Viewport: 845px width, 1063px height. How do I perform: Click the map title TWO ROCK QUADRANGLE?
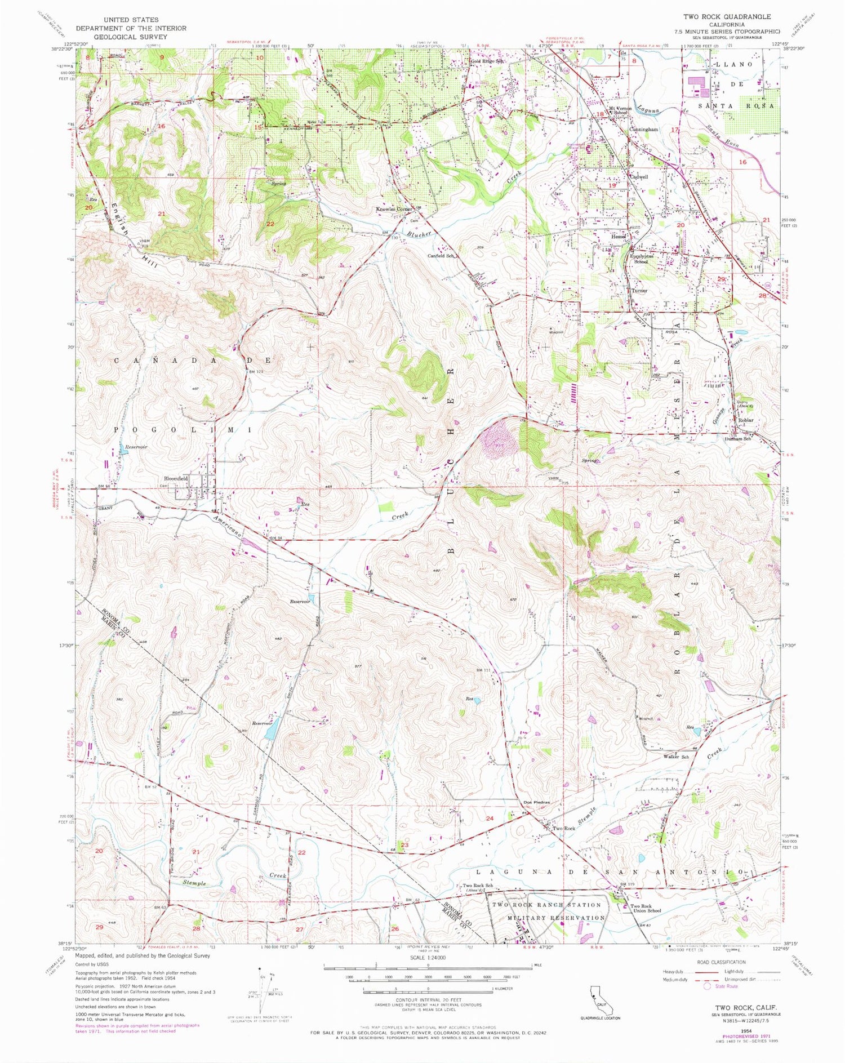pyautogui.click(x=727, y=17)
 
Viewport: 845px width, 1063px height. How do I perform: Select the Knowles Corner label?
pyautogui.click(x=395, y=209)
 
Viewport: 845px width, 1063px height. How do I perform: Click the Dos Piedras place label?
pyautogui.click(x=536, y=803)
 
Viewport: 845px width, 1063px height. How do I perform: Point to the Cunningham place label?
pyautogui.click(x=643, y=129)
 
